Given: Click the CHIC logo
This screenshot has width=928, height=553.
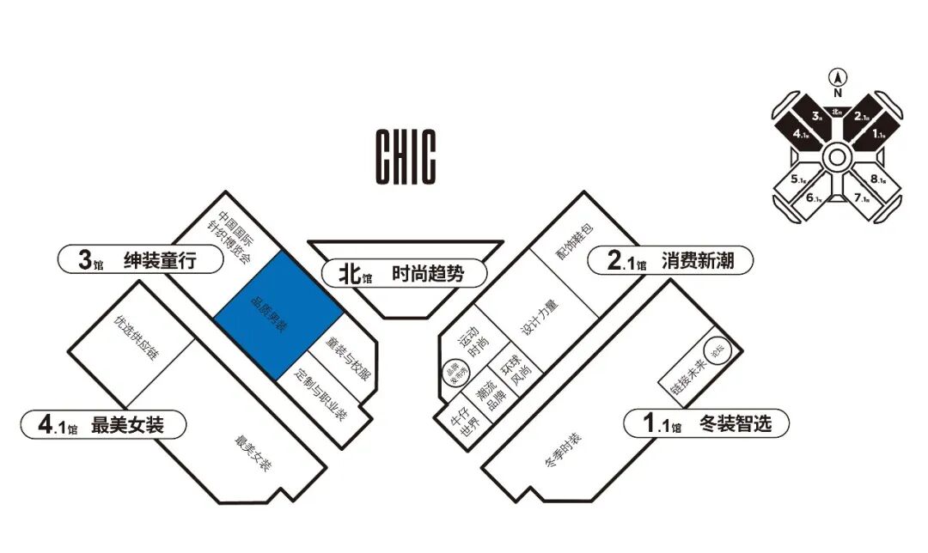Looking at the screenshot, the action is tap(406, 156).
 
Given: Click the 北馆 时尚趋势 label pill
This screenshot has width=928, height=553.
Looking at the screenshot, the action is tap(404, 274).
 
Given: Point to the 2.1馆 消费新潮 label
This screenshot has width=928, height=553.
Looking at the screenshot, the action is tap(670, 261).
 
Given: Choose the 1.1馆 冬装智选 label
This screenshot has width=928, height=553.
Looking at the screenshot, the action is tap(704, 423).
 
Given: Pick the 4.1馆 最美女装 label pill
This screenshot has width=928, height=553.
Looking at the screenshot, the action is tap(104, 423).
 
